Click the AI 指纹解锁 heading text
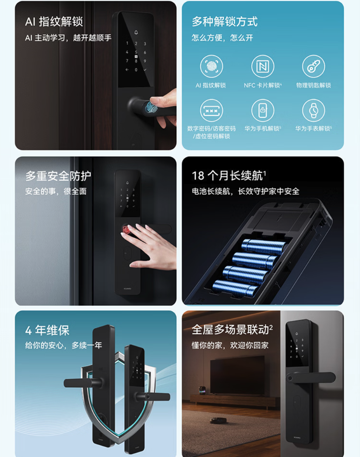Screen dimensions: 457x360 54,22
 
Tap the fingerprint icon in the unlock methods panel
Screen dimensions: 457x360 211,67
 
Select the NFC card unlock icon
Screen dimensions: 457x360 263,67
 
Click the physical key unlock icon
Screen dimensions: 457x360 314,67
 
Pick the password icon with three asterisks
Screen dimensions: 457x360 211,111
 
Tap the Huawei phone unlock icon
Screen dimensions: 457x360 263,111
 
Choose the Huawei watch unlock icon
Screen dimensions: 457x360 314,111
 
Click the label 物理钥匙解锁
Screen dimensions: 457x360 314,85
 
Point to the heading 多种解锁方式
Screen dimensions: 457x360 225,22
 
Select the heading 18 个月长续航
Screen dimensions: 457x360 229,176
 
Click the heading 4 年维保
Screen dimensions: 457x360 47,330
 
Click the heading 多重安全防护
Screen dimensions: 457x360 58,176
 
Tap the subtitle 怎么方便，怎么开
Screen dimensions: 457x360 222,38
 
